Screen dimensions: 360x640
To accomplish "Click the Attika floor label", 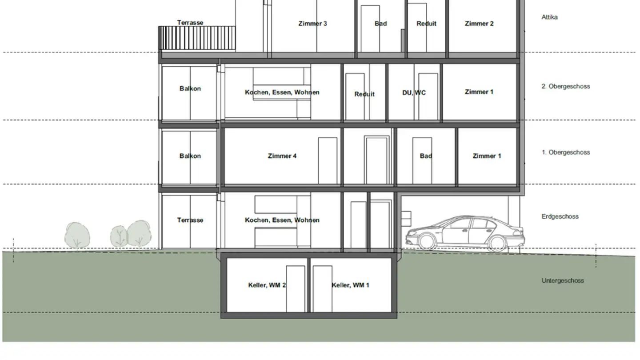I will pyautogui.click(x=549, y=17).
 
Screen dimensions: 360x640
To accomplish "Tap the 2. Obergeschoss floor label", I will pyautogui.click(x=565, y=86).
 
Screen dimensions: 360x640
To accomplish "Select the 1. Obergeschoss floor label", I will pyautogui.click(x=565, y=152).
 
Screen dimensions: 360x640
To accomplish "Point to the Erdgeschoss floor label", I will pyautogui.click(x=560, y=216).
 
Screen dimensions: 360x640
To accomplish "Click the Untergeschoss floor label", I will pyautogui.click(x=563, y=280).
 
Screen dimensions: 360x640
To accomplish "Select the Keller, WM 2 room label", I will pyautogui.click(x=267, y=285).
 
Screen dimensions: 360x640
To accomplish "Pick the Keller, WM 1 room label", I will pyautogui.click(x=350, y=285).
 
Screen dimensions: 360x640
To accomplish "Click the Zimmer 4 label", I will pyautogui.click(x=282, y=156).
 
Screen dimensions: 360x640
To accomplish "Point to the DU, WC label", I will pyautogui.click(x=414, y=92).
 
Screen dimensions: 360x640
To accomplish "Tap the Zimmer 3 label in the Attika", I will pyautogui.click(x=312, y=24).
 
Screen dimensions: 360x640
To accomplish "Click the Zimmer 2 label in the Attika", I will pyautogui.click(x=479, y=24).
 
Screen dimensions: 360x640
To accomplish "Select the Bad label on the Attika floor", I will pyautogui.click(x=380, y=24).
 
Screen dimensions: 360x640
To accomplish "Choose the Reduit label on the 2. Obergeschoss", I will pyautogui.click(x=364, y=94).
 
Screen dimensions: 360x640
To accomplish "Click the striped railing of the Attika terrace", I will pyautogui.click(x=197, y=38).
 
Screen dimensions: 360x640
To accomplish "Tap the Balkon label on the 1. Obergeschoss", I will pyautogui.click(x=190, y=156).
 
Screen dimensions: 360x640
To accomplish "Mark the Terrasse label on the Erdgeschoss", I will pyautogui.click(x=190, y=220).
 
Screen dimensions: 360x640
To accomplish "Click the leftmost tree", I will pyautogui.click(x=77, y=235).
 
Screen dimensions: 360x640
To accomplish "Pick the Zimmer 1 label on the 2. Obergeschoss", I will pyautogui.click(x=479, y=92).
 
